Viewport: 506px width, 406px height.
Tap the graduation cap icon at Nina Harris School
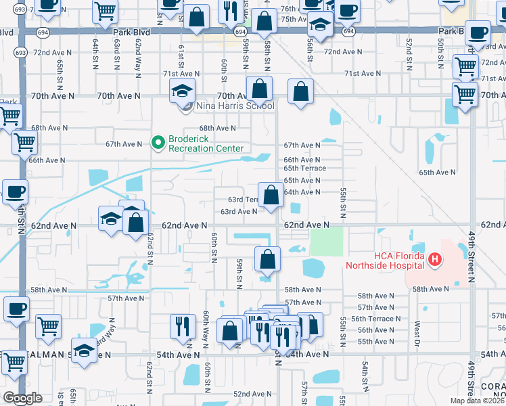[x=182, y=91]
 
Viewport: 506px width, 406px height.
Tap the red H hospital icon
[x=434, y=258]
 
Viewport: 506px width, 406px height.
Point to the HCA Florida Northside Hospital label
[x=384, y=261]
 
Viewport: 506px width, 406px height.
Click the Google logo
[x=22, y=397]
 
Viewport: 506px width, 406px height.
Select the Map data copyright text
[x=478, y=400]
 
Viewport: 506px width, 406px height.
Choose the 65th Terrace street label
[x=304, y=168]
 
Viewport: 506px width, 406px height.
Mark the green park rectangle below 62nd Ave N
[x=326, y=241]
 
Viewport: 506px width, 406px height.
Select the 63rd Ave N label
[x=239, y=212]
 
